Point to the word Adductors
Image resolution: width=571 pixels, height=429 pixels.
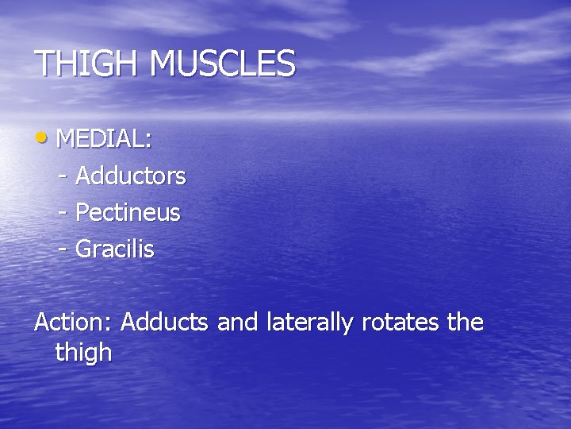pyautogui.click(x=131, y=176)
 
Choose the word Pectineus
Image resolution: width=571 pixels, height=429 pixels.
pyautogui.click(x=128, y=213)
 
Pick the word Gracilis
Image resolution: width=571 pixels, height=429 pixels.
pyautogui.click(x=115, y=249)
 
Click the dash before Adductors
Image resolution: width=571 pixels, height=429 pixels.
pyautogui.click(x=63, y=177)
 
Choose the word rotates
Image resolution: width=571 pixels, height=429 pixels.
pyautogui.click(x=400, y=323)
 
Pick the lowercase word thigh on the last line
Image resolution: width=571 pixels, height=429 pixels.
pyautogui.click(x=84, y=353)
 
